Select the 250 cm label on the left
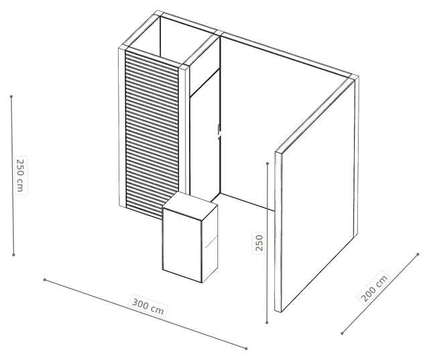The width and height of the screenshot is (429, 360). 21,176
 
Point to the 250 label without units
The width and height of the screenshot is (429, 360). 259,243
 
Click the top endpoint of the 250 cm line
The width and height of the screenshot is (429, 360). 11,97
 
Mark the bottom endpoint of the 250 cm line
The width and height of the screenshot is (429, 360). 13,255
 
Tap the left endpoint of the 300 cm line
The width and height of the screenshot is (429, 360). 45,280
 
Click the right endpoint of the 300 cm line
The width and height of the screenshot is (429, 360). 246,349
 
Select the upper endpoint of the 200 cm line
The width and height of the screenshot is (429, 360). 418,254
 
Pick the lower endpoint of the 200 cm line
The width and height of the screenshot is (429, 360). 342,333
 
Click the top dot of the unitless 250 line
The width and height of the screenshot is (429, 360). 267,164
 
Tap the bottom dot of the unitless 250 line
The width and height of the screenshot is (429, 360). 267,323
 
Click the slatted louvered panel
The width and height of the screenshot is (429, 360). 152,134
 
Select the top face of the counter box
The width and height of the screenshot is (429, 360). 190,206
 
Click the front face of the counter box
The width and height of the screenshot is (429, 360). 182,244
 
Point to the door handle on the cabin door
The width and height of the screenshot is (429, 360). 219,132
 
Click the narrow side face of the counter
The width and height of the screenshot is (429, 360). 210,243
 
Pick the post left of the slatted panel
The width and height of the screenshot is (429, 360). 122,127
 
